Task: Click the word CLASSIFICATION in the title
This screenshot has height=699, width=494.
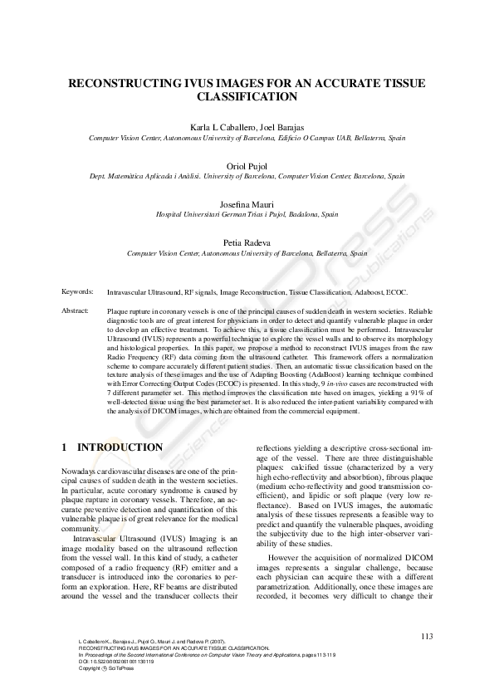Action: click(247, 97)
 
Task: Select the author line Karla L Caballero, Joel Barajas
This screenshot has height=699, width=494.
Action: click(247, 126)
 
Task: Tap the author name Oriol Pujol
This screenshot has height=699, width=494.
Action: click(247, 164)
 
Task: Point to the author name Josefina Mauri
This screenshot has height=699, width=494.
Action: click(247, 203)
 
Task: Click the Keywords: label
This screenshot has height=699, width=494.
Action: click(78, 293)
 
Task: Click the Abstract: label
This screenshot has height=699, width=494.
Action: click(76, 310)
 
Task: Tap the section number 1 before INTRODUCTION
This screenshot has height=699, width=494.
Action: click(65, 447)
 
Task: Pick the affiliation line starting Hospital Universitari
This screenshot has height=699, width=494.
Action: click(247, 214)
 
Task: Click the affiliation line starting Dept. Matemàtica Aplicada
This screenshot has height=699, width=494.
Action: click(247, 176)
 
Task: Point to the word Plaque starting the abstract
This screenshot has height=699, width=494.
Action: click(119, 310)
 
